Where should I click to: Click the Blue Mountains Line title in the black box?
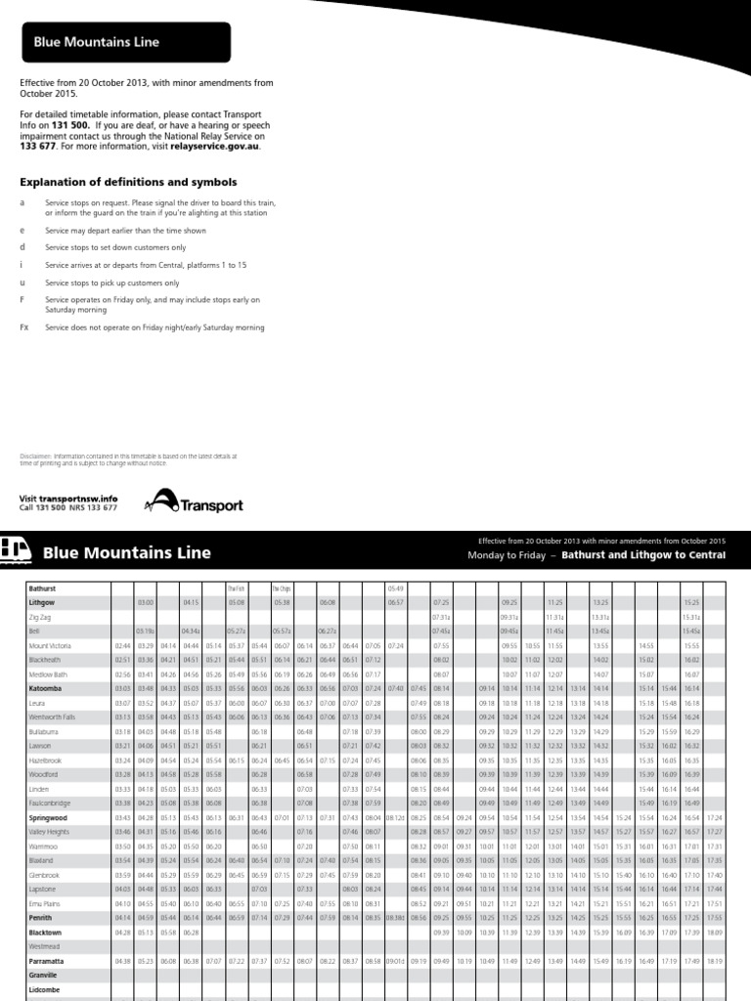[97, 42]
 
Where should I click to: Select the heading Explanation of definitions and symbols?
[128, 182]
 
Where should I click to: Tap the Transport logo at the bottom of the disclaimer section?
[194, 501]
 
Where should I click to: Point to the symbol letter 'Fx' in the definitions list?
[24, 327]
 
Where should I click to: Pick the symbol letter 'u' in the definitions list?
[22, 282]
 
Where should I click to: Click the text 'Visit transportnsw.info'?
[68, 498]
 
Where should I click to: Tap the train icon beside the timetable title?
[17, 551]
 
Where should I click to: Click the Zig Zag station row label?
[39, 618]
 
